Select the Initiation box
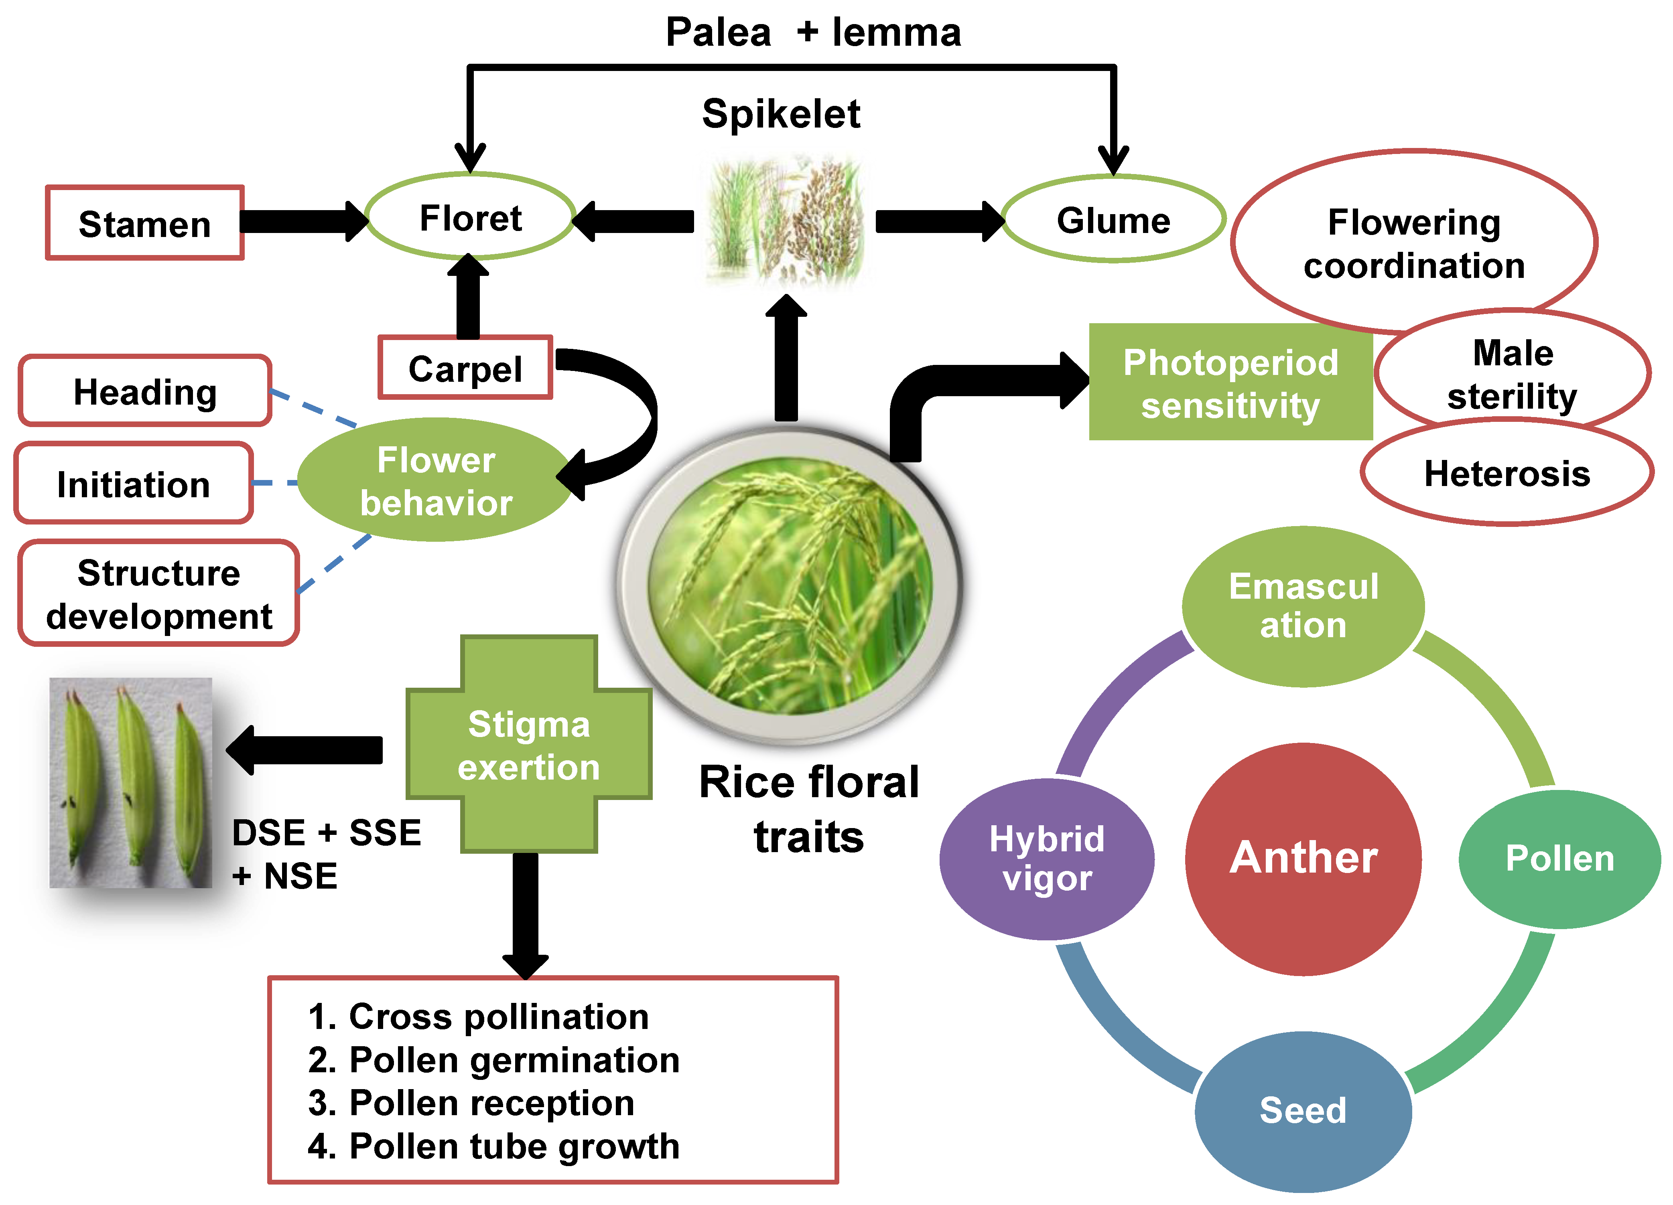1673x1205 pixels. tap(134, 483)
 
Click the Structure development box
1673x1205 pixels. tap(158, 593)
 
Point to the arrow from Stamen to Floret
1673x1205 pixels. tap(303, 221)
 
